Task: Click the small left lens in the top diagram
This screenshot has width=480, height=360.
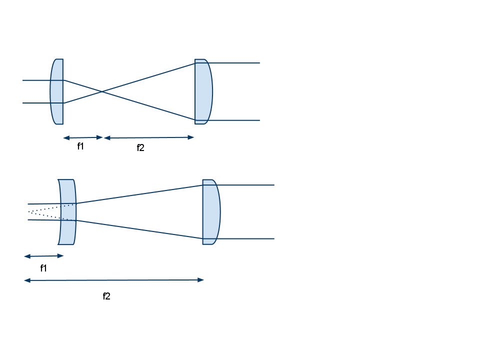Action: pyautogui.click(x=57, y=91)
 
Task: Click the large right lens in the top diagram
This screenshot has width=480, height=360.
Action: pyautogui.click(x=203, y=91)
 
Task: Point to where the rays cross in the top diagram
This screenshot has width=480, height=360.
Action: pyautogui.click(x=101, y=91)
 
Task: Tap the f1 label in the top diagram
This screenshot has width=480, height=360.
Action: pyautogui.click(x=80, y=146)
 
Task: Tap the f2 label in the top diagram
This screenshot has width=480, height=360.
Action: pyautogui.click(x=140, y=147)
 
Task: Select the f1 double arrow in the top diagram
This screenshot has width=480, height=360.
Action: pyautogui.click(x=82, y=137)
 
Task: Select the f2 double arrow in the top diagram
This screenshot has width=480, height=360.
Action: pyautogui.click(x=148, y=137)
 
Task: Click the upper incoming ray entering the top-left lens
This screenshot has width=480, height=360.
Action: pyautogui.click(x=36, y=80)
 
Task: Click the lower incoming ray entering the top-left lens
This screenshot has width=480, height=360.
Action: pyautogui.click(x=36, y=103)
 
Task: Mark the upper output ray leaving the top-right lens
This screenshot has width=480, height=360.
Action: pyautogui.click(x=235, y=63)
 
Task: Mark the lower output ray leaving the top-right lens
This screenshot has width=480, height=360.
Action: pyautogui.click(x=235, y=120)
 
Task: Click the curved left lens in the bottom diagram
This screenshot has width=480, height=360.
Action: pyautogui.click(x=67, y=212)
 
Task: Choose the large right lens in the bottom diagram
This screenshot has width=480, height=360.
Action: pyautogui.click(x=210, y=212)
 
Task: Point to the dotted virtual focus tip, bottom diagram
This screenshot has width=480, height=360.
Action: pyautogui.click(x=29, y=212)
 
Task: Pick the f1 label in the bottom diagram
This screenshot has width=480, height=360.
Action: pyautogui.click(x=43, y=268)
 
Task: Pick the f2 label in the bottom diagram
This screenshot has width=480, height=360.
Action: pyautogui.click(x=106, y=296)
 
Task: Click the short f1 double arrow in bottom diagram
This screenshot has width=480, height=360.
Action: pyautogui.click(x=44, y=256)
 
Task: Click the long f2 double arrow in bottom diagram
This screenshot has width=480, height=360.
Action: pyautogui.click(x=114, y=280)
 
